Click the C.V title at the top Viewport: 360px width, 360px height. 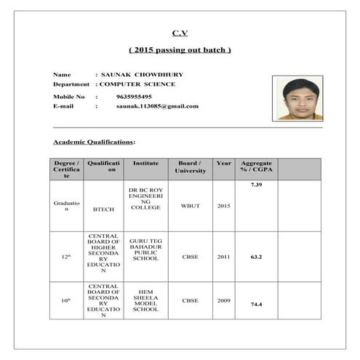point(180,33)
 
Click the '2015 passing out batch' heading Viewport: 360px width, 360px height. point(180,50)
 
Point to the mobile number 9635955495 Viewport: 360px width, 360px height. point(134,96)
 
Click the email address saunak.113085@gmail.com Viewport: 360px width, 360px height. point(157,106)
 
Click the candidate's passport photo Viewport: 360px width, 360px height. point(297,98)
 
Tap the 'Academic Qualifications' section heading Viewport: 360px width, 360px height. point(94,141)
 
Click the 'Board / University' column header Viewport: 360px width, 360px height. point(190,167)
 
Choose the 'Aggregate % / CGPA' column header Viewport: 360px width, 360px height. point(256,167)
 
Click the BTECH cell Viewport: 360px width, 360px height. point(103,209)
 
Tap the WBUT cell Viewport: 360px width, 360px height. point(190,206)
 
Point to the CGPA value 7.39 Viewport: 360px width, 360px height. point(256,185)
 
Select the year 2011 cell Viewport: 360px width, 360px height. point(223,257)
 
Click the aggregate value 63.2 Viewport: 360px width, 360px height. point(256,257)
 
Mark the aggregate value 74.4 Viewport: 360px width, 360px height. point(256,304)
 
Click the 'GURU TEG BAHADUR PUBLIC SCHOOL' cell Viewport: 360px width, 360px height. point(145,249)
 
